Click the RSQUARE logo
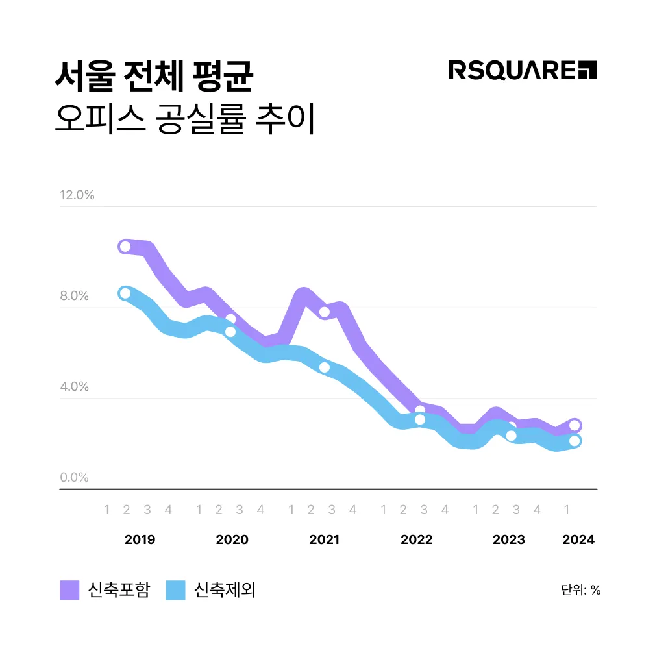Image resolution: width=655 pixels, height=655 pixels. click(523, 69)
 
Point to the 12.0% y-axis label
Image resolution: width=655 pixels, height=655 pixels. click(77, 195)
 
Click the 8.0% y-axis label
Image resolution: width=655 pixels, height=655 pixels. click(75, 296)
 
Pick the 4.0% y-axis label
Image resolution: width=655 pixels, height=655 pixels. click(75, 387)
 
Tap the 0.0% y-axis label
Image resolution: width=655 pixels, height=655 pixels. click(75, 478)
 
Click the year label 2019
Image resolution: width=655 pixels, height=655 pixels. click(140, 540)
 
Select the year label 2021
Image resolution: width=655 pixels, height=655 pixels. click(324, 540)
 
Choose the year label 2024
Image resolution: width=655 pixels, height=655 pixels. click(578, 540)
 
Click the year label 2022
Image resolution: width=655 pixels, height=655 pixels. click(416, 540)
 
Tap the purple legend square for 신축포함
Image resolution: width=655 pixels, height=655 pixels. click(69, 590)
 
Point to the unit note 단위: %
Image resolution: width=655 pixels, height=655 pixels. click(581, 590)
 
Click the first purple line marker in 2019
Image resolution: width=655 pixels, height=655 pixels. click(125, 247)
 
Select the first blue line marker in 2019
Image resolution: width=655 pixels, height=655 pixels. click(125, 293)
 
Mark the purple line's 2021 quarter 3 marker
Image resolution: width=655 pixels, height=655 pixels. click(325, 312)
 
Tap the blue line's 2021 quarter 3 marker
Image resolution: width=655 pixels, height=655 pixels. click(325, 367)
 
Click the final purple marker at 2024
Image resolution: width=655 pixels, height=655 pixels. click(575, 426)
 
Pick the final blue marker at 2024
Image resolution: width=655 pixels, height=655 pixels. click(575, 441)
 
